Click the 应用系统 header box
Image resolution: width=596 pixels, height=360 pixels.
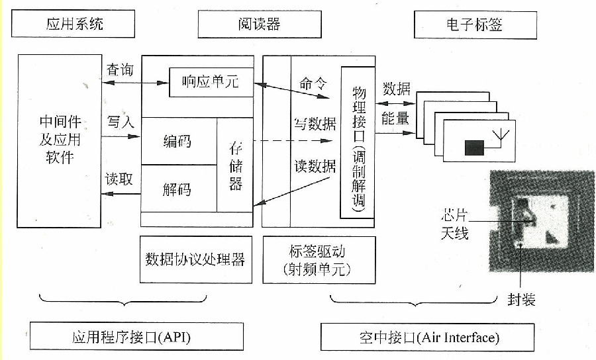point(76,24)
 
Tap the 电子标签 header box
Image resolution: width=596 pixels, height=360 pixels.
point(475,26)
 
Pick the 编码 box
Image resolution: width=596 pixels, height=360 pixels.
point(178,141)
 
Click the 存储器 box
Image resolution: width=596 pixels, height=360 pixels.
point(236,165)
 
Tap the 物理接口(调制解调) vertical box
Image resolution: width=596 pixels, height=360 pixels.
point(358,142)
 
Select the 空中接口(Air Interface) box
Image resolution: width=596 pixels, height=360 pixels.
point(427,337)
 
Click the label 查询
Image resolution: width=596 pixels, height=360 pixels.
point(121,69)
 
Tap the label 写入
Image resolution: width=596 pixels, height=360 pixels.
point(121,122)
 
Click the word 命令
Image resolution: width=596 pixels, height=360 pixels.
point(313,83)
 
